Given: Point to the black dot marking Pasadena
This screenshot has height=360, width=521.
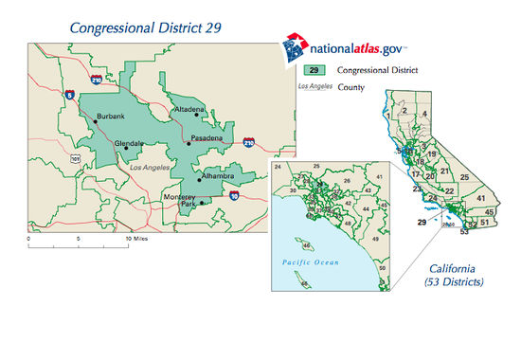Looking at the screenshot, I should click(189, 144).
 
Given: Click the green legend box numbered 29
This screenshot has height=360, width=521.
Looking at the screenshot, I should click(315, 71).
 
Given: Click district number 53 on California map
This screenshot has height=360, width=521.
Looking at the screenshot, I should click(464, 230).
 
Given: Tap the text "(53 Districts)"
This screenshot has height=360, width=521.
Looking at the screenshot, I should click(454, 282).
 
